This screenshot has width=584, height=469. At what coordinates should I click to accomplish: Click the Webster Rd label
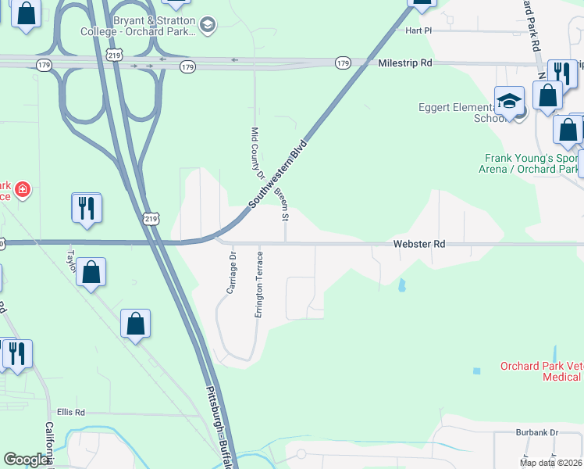[418, 244]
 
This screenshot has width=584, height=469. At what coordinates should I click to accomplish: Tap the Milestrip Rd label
[404, 63]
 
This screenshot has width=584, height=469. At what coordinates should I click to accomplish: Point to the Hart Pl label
[418, 30]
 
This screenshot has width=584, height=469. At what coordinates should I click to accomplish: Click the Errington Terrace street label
[258, 285]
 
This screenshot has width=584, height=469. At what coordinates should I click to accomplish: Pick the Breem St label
[284, 204]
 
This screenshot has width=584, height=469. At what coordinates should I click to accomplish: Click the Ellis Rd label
[70, 412]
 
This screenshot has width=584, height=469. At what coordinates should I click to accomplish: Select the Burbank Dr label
[537, 431]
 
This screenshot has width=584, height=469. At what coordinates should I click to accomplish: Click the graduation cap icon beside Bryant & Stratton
[207, 25]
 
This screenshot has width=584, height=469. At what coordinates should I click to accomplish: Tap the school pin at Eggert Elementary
[509, 102]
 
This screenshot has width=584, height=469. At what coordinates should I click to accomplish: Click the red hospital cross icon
[23, 189]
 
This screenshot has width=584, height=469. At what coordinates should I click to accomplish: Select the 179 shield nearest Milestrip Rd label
[343, 63]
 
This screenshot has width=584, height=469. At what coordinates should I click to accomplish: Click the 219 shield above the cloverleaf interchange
[115, 55]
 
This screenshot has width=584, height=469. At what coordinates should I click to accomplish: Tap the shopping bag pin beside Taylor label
[91, 273]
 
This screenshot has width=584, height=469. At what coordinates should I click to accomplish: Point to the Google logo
[26, 460]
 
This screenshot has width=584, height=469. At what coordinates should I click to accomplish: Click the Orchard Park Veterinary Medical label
[541, 371]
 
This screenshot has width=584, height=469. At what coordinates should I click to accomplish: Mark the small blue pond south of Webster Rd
[402, 285]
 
